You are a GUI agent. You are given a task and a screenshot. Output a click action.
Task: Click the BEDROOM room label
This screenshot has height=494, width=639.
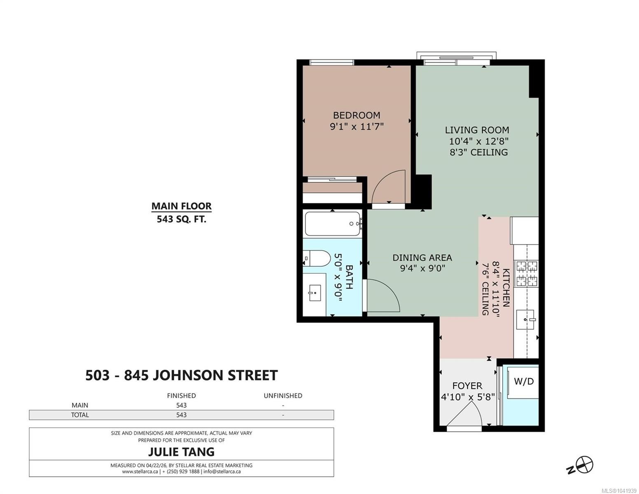tap(356, 115)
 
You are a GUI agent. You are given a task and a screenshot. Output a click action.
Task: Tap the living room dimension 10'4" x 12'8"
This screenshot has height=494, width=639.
tap(478, 141)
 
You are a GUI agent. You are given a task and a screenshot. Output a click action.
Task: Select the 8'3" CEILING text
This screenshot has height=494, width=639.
tap(478, 152)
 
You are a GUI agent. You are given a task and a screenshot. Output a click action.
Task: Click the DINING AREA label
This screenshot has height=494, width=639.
tap(422, 258)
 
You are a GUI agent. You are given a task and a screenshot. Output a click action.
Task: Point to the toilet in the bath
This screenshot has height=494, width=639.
tap(317, 258)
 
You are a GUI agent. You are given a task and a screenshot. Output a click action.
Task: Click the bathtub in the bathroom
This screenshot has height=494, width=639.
tap(333, 224)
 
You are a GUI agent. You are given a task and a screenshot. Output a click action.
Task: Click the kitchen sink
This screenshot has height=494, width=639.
tap(525, 319)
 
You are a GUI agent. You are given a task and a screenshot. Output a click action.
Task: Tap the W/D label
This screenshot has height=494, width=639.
tap(524, 382)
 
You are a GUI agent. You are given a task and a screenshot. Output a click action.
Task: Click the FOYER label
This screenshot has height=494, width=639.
tap(467, 386)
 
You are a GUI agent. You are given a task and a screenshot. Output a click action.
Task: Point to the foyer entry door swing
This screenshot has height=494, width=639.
tap(466, 415)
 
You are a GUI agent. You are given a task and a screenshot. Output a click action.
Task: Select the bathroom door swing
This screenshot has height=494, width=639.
tap(382, 295)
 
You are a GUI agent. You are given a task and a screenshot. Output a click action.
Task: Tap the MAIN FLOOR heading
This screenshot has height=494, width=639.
tap(182, 206)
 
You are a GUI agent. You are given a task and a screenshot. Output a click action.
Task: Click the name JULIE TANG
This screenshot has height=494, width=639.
tap(182, 452)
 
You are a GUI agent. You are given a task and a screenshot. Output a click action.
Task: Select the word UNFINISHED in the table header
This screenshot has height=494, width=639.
tap(283, 396)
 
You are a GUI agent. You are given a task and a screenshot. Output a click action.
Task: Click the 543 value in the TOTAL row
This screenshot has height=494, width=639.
tap(182, 415)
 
